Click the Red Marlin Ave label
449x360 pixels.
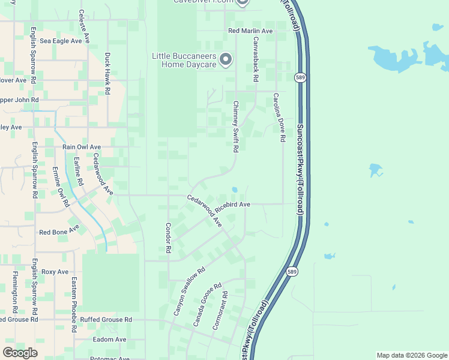pos(250,31)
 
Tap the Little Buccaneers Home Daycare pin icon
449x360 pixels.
pos(226,59)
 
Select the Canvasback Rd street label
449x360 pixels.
pos(255,59)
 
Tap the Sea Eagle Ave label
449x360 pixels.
pos(61,41)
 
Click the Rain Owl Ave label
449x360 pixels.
pos(82,146)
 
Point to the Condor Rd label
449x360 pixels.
pos(169,238)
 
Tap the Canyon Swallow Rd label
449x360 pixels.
pos(189,292)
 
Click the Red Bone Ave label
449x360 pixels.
pos(59,231)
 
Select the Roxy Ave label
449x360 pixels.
pos(55,272)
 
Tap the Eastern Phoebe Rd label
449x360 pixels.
pos(74,298)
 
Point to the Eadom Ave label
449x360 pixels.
pos(109,339)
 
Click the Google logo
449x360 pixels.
pos(20,353)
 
